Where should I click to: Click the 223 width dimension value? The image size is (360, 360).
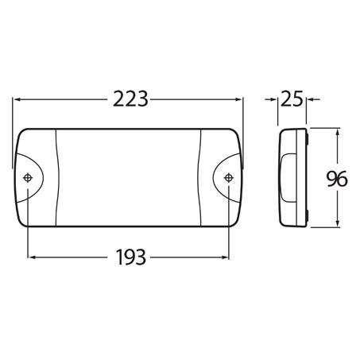click(x=129, y=99)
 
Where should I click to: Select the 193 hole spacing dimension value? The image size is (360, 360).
click(x=129, y=257)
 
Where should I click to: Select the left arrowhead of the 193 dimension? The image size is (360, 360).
click(x=33, y=257)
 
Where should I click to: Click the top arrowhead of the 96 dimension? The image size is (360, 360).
click(x=339, y=130)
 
